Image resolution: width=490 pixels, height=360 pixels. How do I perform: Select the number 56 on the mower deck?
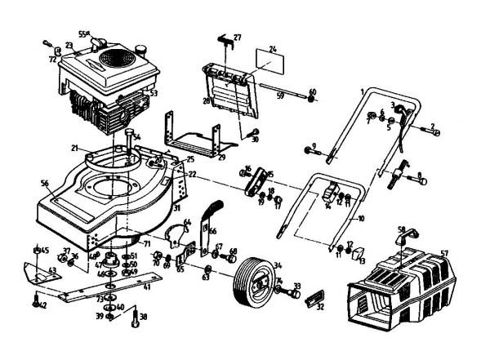pyautogui.click(x=47, y=184)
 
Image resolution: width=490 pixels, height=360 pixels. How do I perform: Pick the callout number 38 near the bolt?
pyautogui.click(x=145, y=317)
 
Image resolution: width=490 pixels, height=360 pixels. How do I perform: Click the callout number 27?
pyautogui.click(x=238, y=38)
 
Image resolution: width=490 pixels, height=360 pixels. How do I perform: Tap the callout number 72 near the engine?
pyautogui.click(x=52, y=60)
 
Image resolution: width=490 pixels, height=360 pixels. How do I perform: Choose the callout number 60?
pyautogui.click(x=312, y=91)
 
